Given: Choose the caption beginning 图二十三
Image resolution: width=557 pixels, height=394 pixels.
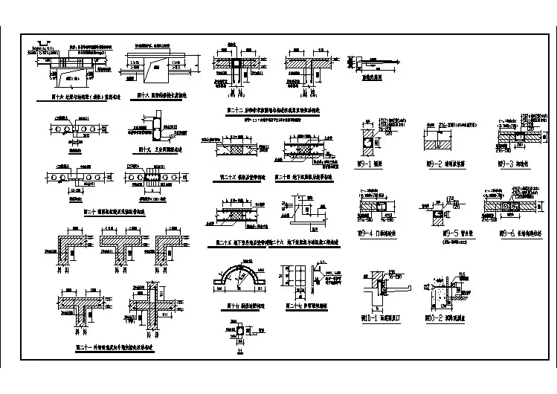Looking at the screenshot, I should point(231,176).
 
